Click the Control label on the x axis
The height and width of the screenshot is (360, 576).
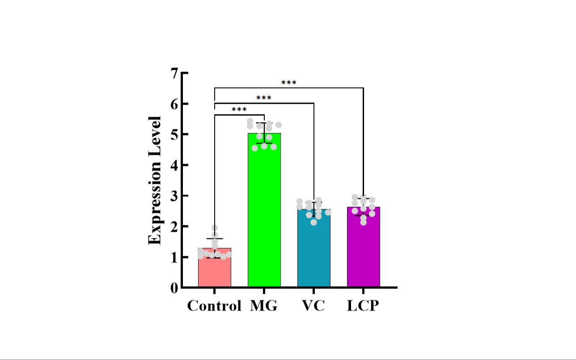[214, 306]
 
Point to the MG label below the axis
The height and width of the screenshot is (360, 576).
[264, 306]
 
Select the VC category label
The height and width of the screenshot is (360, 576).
[313, 306]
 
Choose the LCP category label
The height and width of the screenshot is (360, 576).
[363, 306]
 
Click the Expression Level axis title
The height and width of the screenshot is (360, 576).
[155, 180]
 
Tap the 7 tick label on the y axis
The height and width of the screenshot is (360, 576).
[174, 73]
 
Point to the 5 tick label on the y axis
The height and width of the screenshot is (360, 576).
[174, 134]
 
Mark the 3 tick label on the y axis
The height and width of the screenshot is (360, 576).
[174, 196]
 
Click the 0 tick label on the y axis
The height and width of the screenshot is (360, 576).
[174, 288]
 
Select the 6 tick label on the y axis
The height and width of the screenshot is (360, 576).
[174, 104]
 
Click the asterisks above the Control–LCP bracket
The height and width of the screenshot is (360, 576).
[289, 83]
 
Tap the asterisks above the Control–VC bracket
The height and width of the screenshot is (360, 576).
[264, 98]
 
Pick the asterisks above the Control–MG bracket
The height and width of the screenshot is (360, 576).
[239, 110]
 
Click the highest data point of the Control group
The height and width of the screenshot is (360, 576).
[215, 228]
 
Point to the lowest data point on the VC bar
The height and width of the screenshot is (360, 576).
[314, 222]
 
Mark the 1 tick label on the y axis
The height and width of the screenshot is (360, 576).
[174, 258]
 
